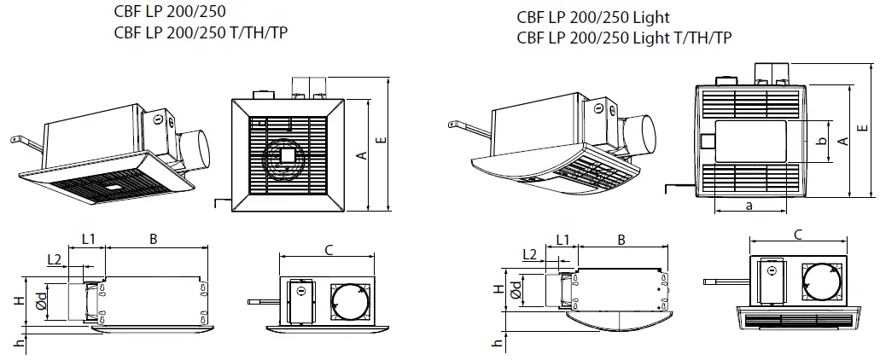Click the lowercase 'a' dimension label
coord(749,206)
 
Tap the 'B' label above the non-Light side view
coord(153,240)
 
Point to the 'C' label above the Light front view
coord(797,235)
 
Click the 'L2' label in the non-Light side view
coord(54,258)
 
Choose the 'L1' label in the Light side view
coord(563,239)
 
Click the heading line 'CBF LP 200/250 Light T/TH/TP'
coord(623,38)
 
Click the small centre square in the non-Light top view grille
coord(287,156)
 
